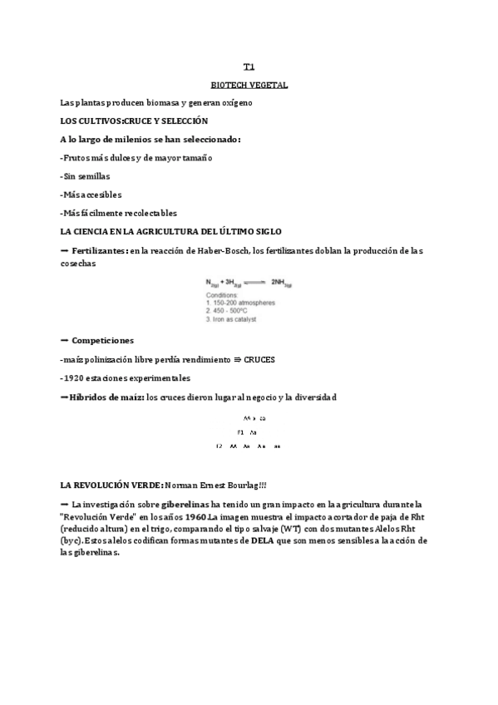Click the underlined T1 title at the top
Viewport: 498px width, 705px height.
249,67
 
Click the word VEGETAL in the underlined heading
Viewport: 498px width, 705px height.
268,85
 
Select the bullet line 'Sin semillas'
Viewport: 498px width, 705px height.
86,175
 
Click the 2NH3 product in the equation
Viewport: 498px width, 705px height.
280,283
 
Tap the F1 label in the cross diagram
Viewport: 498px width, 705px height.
240,432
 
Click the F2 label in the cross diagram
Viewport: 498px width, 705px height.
219,446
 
